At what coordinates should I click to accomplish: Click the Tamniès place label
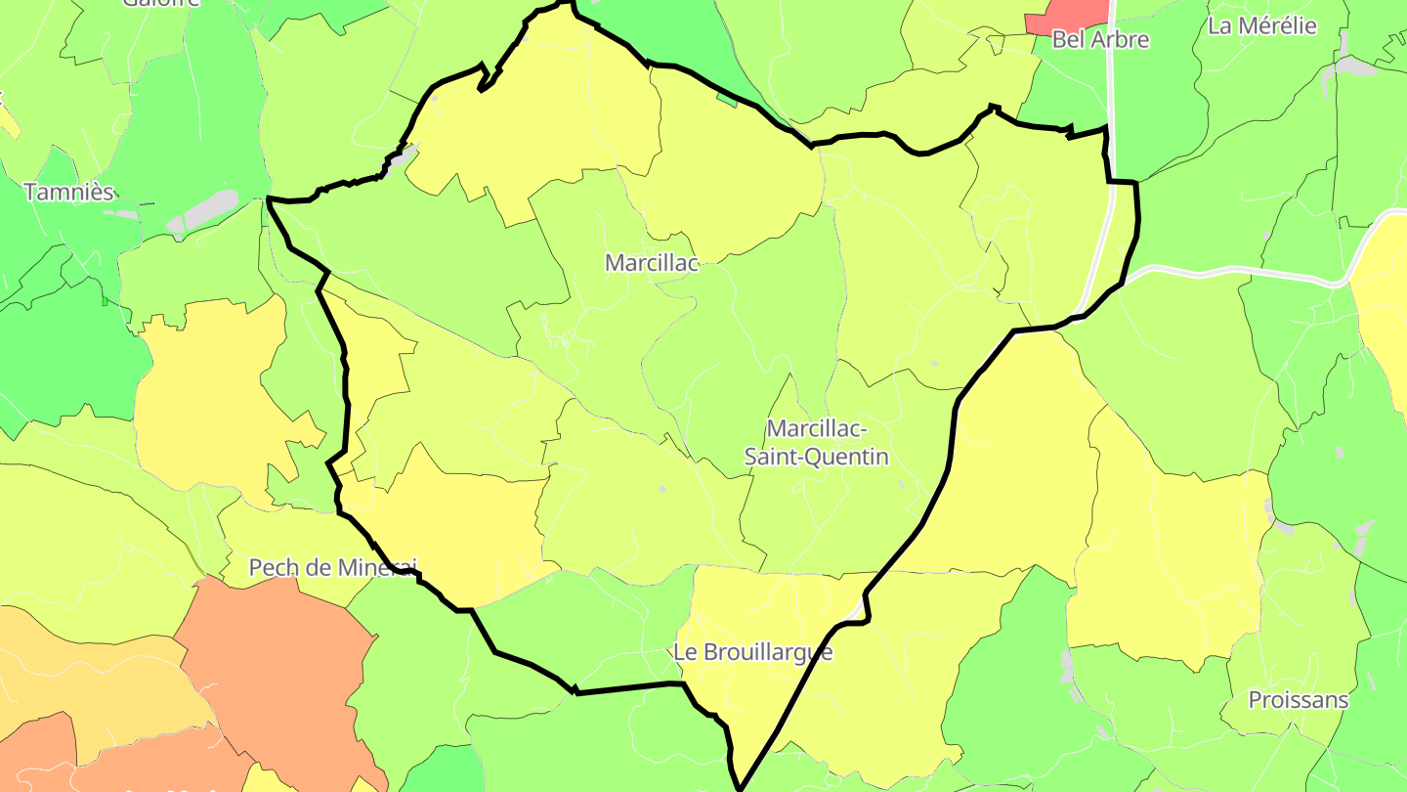(68, 192)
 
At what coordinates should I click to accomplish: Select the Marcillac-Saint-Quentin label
(817, 442)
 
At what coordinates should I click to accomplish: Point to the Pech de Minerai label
(332, 567)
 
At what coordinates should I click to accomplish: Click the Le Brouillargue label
(753, 652)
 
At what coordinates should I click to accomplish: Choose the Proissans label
(1299, 700)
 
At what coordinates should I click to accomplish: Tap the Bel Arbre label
(1100, 40)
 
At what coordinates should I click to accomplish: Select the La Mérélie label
(1262, 26)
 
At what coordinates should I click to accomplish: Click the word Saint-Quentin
(817, 457)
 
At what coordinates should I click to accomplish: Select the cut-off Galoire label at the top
(161, 3)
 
